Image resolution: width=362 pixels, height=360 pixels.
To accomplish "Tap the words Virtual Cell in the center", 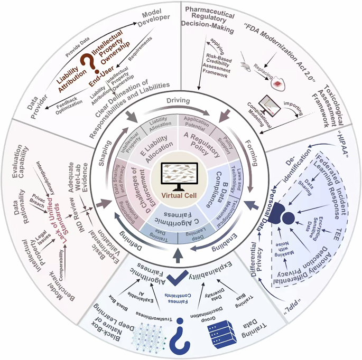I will click(181, 196).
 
